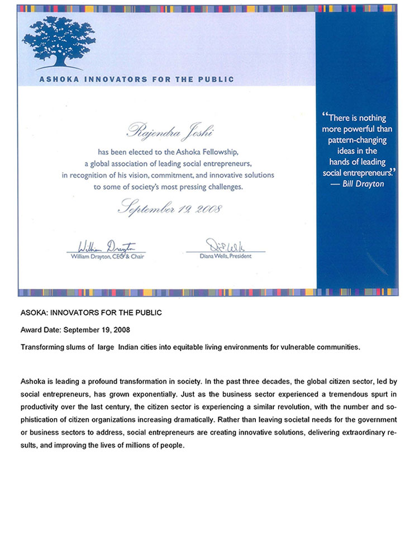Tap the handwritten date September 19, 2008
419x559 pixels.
point(170,209)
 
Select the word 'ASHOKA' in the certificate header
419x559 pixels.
point(59,79)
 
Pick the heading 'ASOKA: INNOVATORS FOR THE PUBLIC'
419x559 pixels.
point(91,312)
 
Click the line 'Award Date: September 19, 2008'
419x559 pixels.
point(75,330)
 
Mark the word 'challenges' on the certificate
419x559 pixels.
point(224,187)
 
